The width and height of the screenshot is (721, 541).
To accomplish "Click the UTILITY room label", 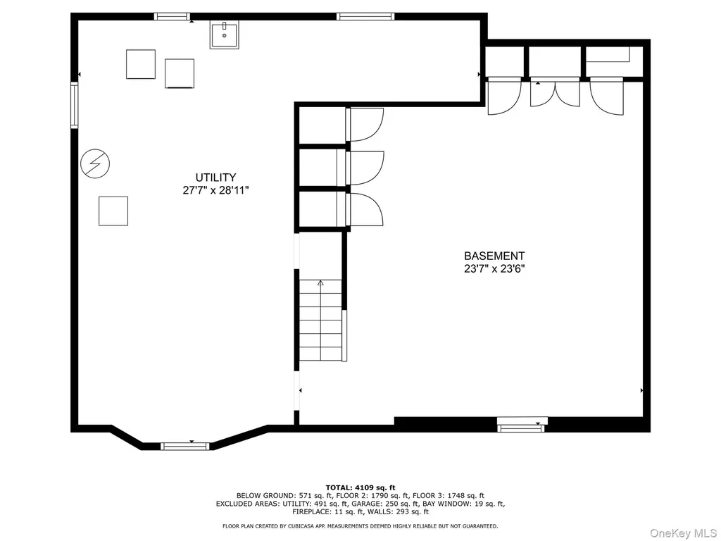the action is (215, 178).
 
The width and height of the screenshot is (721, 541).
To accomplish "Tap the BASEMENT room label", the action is (494, 256).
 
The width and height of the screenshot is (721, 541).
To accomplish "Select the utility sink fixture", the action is (225, 35).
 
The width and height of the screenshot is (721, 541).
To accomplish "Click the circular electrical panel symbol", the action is (95, 163).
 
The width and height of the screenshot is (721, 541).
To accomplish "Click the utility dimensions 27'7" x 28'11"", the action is (215, 190).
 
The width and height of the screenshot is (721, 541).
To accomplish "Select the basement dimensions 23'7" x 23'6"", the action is (494, 268).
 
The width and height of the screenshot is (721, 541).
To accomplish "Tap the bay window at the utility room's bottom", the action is (185, 446).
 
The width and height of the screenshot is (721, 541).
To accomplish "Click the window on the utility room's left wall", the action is (74, 105).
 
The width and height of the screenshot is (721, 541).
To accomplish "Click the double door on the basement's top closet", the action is (555, 94).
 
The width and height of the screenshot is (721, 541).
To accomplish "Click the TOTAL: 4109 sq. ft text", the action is (360, 487).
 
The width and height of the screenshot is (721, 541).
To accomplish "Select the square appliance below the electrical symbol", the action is (113, 211).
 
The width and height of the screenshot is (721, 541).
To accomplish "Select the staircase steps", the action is (320, 321).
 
